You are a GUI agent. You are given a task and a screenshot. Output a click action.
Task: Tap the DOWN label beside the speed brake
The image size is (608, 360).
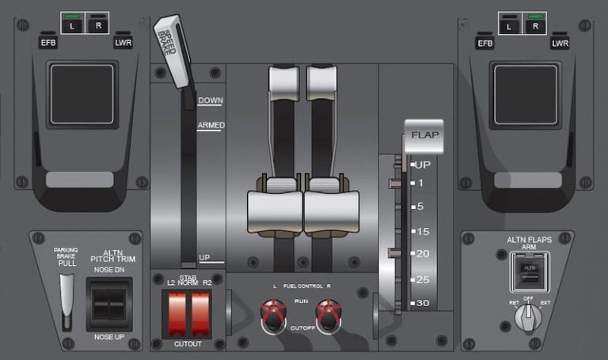(210, 100)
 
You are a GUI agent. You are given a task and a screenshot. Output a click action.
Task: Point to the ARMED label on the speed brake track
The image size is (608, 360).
(211, 125)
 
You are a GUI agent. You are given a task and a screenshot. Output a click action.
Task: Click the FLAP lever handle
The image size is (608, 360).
(424, 136)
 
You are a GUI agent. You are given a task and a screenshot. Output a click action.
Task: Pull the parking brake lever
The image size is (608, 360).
(67, 297)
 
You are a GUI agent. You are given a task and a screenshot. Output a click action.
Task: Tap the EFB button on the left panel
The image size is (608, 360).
(48, 43)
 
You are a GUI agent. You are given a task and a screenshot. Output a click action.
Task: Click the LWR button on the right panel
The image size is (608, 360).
(560, 43)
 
